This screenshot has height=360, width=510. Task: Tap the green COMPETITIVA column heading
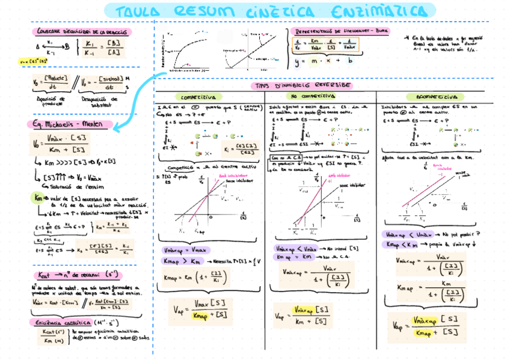(198, 96)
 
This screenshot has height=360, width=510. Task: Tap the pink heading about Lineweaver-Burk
(341, 31)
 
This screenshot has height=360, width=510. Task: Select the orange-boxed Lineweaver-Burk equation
(325, 44)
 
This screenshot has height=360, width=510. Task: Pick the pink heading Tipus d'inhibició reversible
(303, 85)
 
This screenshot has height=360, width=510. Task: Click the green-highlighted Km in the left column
(37, 197)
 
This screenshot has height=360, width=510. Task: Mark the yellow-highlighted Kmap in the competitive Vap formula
(198, 316)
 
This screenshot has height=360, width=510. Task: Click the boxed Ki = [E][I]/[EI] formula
(238, 148)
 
